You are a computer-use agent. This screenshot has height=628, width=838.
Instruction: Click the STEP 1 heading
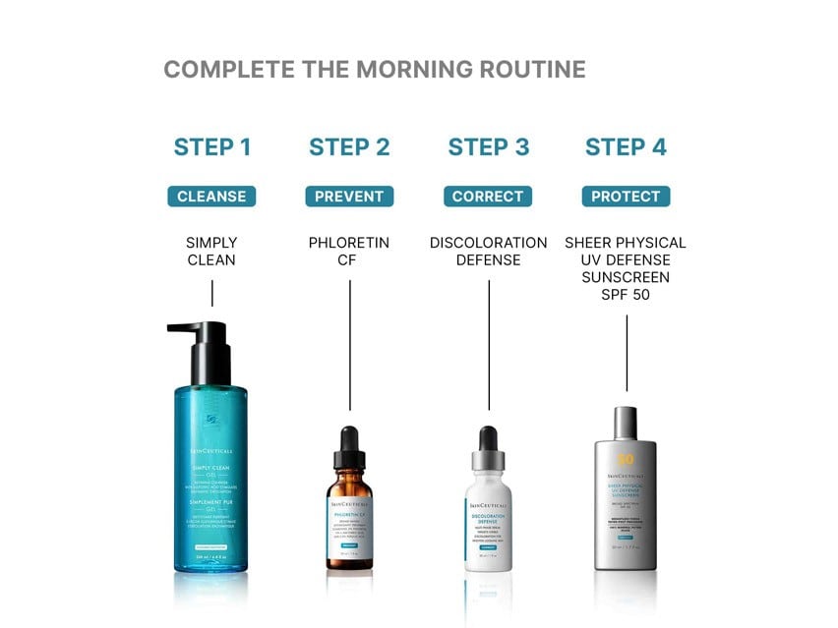[212, 147]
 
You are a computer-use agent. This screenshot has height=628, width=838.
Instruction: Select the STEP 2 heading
[349, 147]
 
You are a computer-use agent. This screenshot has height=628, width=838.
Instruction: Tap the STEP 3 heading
[488, 147]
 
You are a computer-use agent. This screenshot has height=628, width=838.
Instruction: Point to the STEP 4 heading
[626, 147]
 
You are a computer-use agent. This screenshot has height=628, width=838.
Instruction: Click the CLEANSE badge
[211, 197]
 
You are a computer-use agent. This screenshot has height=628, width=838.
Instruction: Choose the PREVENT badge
[349, 197]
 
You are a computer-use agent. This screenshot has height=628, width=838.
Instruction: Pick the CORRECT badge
[488, 197]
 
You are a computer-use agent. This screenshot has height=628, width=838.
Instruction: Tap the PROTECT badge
[626, 197]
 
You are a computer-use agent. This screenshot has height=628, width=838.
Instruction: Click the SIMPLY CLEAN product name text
[211, 252]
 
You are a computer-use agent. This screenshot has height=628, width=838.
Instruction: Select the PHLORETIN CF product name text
[349, 252]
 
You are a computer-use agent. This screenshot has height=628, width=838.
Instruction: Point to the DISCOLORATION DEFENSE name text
[488, 252]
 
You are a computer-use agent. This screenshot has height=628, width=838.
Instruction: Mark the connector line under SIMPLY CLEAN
[211, 292]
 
